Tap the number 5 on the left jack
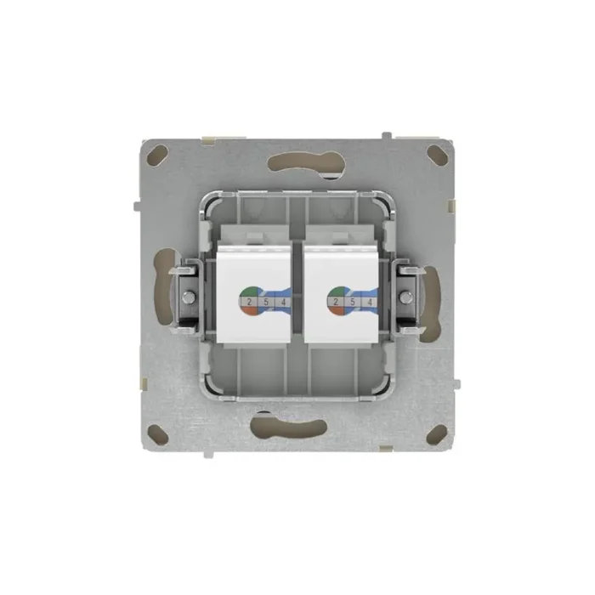[x=266, y=302]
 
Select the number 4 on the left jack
[x=281, y=302]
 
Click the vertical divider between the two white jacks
[x=297, y=289]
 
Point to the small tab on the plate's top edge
[x=388, y=134]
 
